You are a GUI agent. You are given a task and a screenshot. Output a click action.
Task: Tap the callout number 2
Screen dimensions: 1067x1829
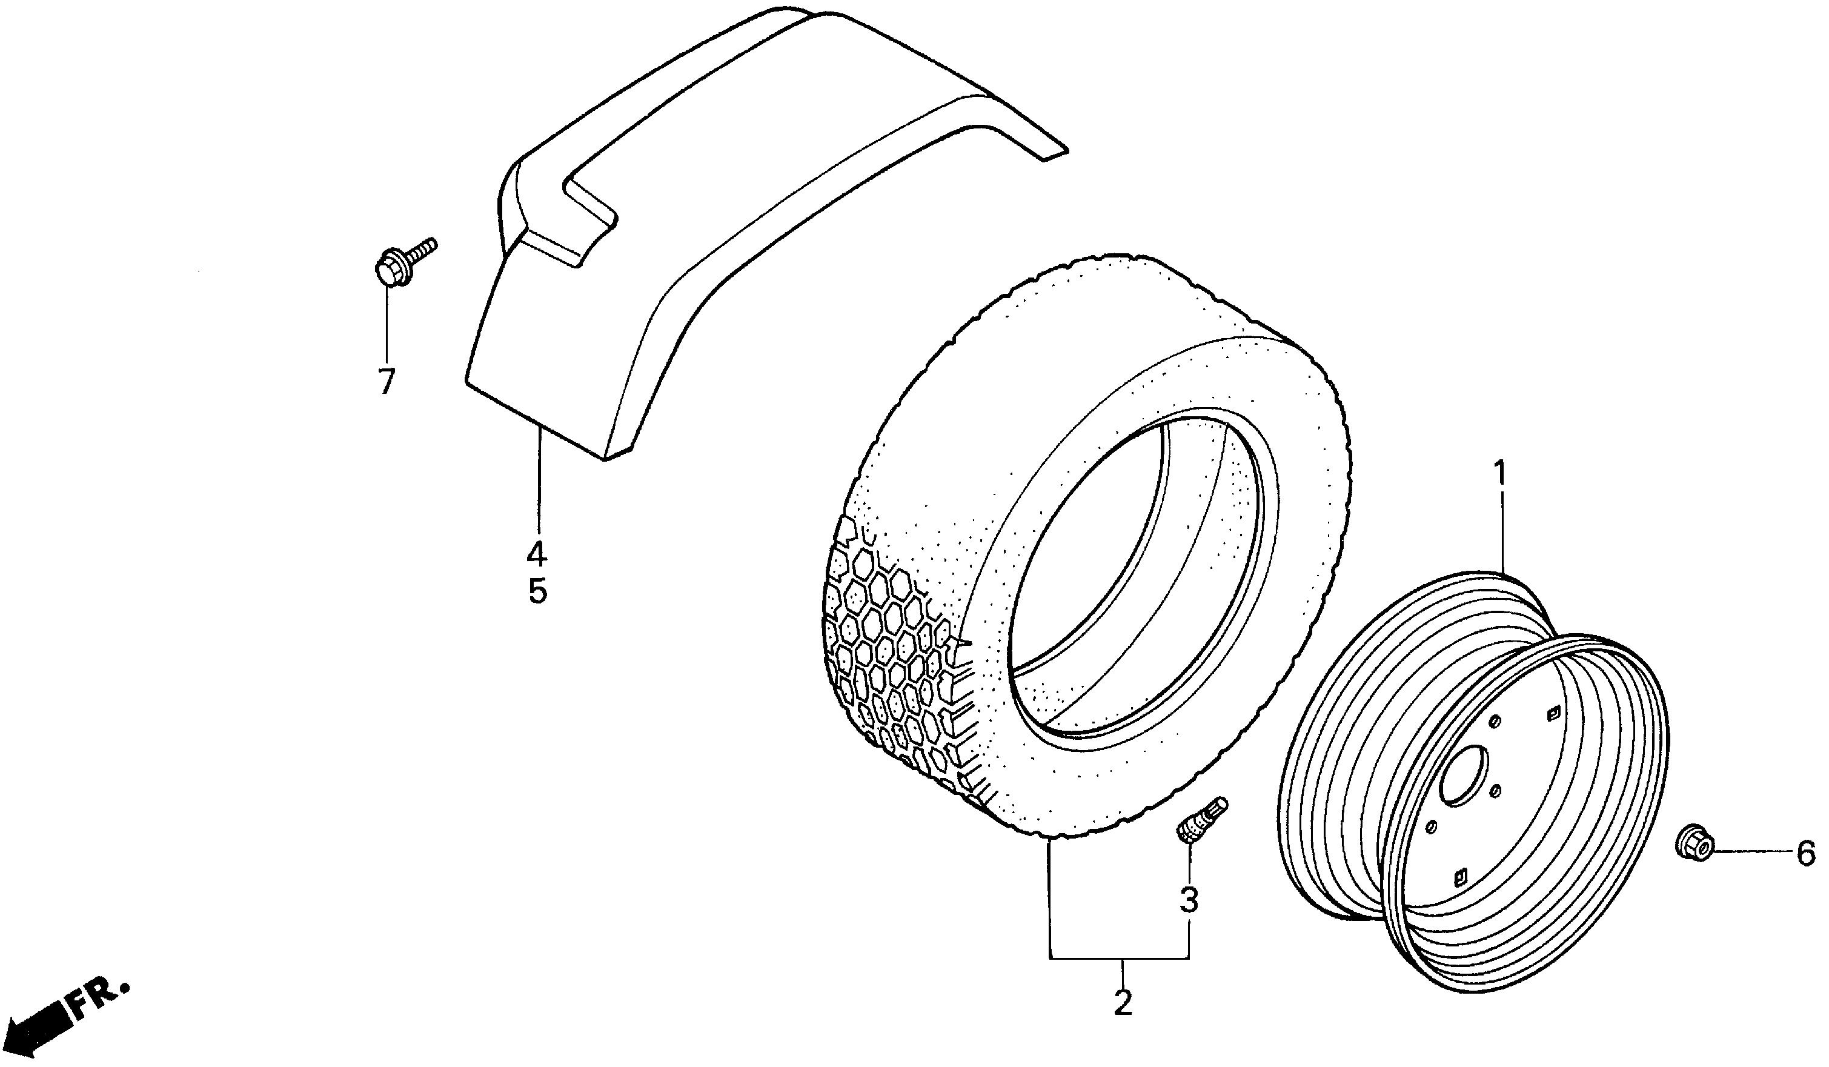[x=1122, y=1003]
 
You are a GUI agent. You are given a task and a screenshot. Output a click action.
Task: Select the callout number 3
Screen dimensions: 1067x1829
[x=1187, y=901]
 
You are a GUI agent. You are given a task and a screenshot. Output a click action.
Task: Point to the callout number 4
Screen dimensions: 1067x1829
[x=537, y=554]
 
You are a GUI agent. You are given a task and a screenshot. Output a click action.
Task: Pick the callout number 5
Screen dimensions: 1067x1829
[x=537, y=593]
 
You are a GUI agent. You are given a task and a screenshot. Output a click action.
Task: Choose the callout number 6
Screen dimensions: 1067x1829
[x=1806, y=854]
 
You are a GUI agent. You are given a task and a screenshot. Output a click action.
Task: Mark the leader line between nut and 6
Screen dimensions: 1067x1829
[x=1750, y=852]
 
